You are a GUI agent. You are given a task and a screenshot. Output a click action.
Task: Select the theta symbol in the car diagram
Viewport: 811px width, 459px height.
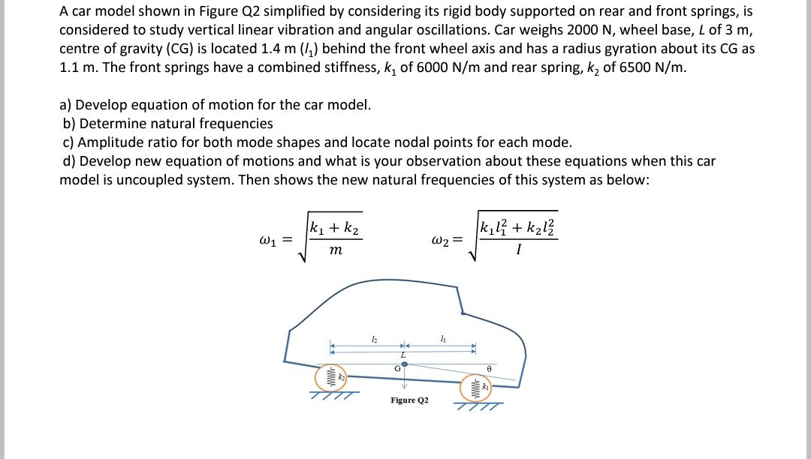tap(489, 369)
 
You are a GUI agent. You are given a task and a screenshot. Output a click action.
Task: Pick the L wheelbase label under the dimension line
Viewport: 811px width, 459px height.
tap(403, 353)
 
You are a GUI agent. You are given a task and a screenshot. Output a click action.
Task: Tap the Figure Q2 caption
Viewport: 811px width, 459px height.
tap(409, 400)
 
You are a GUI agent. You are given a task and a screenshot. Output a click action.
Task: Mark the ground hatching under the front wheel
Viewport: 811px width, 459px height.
tap(478, 406)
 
